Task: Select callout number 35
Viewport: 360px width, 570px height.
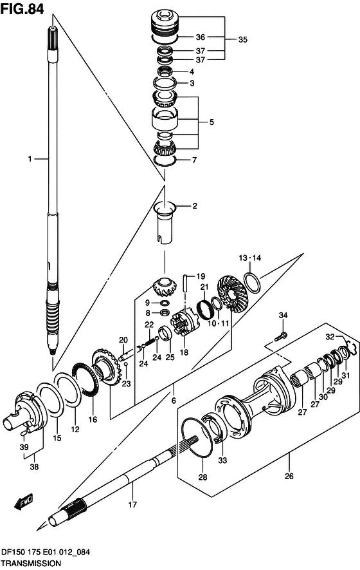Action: (x=242, y=39)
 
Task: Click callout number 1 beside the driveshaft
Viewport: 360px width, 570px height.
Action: (x=30, y=158)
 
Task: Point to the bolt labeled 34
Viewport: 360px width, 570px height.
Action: (x=281, y=336)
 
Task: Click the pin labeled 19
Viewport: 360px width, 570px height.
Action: (x=186, y=283)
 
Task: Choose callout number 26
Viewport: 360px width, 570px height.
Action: (x=289, y=476)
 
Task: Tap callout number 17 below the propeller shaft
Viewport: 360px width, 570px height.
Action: (x=132, y=504)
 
